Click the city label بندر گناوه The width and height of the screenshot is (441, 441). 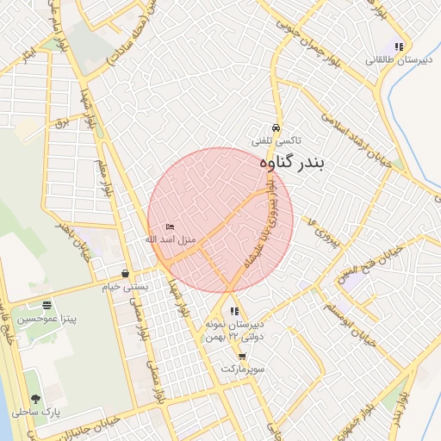(x=291, y=161)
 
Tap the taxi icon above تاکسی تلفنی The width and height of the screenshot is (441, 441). (x=275, y=124)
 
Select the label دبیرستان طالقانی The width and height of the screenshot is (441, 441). (x=397, y=60)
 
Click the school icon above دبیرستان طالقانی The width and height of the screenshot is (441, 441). (x=398, y=47)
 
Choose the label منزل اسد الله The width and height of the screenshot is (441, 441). (x=170, y=238)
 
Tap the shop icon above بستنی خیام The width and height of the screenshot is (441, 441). (x=126, y=273)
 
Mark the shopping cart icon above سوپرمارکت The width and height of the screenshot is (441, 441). (x=241, y=356)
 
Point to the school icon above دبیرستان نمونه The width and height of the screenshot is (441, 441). (x=234, y=311)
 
